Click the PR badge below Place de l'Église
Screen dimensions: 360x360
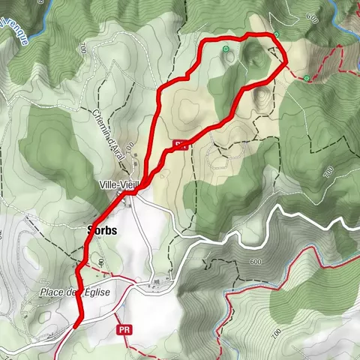[x=124, y=329]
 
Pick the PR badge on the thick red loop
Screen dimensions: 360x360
[x=178, y=143]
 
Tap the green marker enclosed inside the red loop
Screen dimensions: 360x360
[x=226, y=49]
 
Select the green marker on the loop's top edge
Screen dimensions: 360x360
[x=276, y=34]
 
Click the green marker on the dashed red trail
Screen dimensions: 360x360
[x=307, y=77]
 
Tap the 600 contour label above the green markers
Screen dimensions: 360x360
[x=312, y=19]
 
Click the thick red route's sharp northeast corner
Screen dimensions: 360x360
[x=286, y=64]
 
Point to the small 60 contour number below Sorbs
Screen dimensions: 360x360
[x=100, y=262]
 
